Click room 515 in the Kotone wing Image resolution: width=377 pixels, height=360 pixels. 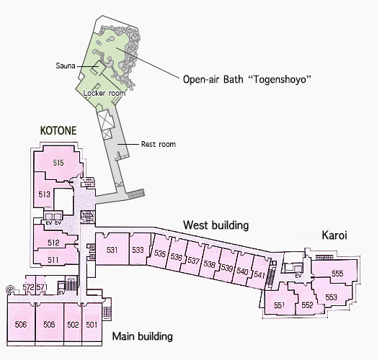coord(58,163)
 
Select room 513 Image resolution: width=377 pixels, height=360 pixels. coord(44,194)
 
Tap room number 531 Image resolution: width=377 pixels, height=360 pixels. coord(112,250)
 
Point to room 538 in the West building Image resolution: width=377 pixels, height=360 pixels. coord(209,264)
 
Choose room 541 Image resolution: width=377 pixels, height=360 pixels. coord(260,274)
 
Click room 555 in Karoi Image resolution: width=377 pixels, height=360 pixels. coord(337,274)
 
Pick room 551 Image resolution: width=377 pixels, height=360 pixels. coord(279,305)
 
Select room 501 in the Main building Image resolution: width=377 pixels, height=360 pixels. coord(92,325)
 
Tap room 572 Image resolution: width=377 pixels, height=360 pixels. coord(29,287)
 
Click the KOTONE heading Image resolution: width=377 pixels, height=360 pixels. coord(58,130)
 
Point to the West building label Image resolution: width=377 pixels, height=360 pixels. coord(216,225)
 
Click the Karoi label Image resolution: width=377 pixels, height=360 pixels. coord(334,235)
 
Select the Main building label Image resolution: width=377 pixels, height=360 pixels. coord(142,336)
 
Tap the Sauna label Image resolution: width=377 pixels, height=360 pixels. coord(66,66)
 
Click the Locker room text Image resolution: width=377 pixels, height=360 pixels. coord(105,93)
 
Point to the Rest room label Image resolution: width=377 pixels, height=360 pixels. coord(158,144)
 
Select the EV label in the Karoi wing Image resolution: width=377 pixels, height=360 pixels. coord(298,276)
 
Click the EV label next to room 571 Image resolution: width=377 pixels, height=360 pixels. coord(62,293)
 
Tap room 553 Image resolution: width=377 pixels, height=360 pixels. coord(331,297)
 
